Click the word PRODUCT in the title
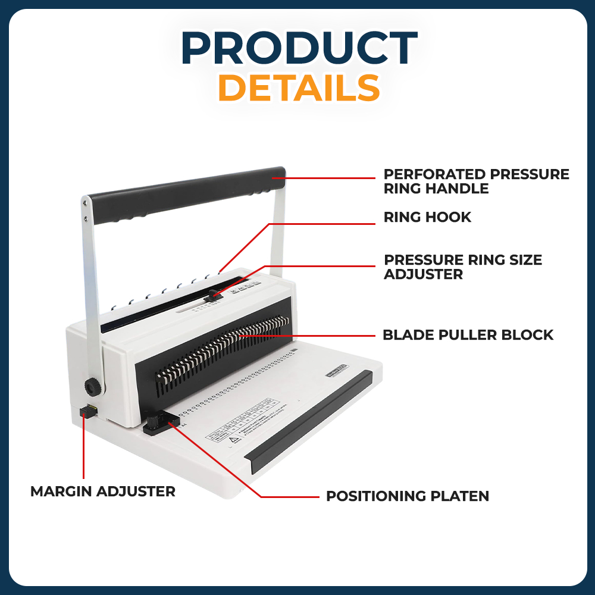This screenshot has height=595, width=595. (299, 48)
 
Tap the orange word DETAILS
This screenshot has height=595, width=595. (299, 88)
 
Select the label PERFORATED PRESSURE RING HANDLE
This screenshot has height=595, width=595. (476, 181)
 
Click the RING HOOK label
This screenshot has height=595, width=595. (427, 217)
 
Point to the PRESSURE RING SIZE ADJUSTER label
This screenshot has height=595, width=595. (463, 267)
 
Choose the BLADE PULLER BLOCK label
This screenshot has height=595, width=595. (468, 335)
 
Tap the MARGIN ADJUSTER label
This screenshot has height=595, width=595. (103, 491)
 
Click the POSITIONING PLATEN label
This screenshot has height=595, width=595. (407, 496)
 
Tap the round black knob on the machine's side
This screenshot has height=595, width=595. (92, 387)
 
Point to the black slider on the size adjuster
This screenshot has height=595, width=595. (215, 295)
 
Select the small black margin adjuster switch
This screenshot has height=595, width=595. (88, 411)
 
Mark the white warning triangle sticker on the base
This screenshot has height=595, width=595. (233, 440)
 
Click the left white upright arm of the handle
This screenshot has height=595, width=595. (90, 286)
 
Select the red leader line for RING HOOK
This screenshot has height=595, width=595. (321, 224)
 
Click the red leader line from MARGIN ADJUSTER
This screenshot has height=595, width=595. (83, 452)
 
